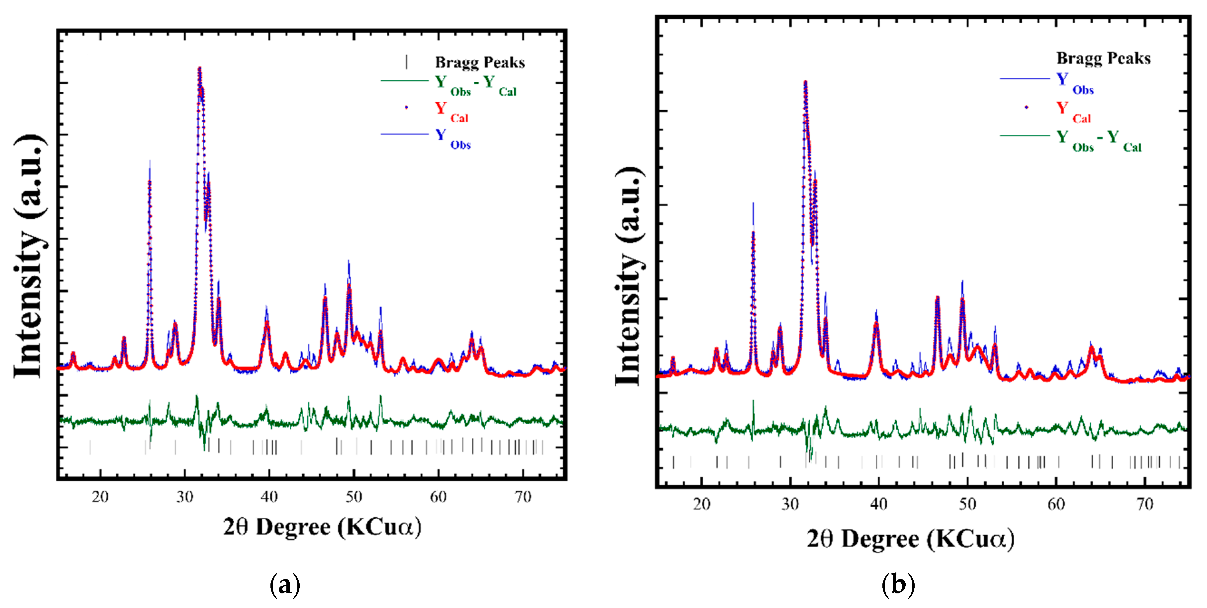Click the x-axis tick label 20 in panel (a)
(100, 497)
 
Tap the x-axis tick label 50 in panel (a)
(354, 497)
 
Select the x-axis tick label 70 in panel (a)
(523, 497)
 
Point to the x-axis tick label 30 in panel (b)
(790, 504)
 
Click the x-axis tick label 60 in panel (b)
(1056, 504)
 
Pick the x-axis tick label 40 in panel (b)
(878, 504)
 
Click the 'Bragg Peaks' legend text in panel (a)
(480, 62)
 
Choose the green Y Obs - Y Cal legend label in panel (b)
(1099, 140)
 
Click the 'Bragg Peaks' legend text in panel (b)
(1103, 58)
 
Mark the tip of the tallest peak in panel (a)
(200, 68)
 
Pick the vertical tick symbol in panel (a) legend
(406, 62)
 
